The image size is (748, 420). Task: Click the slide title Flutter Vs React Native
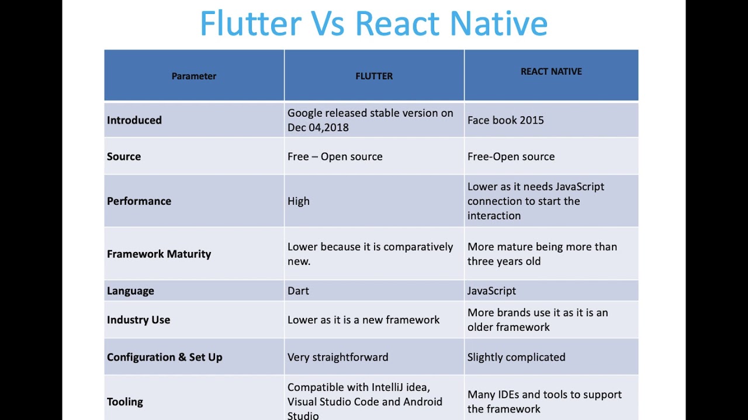click(373, 24)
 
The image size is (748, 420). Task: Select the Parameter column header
click(194, 76)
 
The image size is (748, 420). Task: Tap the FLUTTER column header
click(374, 76)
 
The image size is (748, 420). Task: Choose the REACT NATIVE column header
click(551, 72)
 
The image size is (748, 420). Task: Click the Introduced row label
click(134, 120)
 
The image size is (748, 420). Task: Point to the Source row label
click(124, 156)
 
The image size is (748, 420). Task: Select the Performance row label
click(139, 201)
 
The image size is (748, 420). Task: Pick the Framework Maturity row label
click(159, 254)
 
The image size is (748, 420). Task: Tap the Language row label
click(130, 290)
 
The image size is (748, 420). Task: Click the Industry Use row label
click(138, 320)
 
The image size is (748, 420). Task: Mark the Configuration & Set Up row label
click(165, 357)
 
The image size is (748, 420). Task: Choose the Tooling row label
click(125, 402)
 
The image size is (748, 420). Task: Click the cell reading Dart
click(299, 290)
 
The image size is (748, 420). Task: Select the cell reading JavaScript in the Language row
click(491, 290)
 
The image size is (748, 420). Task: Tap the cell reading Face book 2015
click(505, 120)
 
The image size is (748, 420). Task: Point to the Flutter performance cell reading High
click(299, 201)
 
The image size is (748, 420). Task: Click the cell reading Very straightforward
click(338, 357)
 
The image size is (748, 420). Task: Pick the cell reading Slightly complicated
click(516, 357)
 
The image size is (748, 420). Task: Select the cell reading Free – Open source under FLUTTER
click(335, 156)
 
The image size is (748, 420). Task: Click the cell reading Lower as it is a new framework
click(363, 320)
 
